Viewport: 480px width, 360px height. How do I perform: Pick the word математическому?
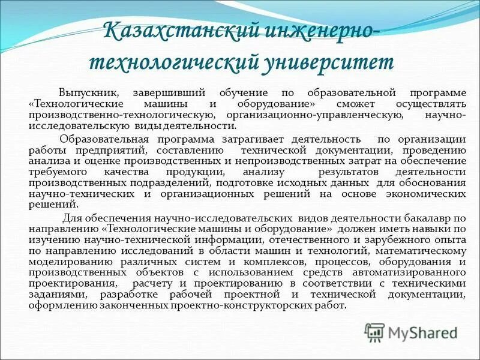[420, 250]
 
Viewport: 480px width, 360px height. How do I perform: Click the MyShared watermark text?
[422, 332]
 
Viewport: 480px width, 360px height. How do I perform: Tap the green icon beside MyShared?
[374, 331]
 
